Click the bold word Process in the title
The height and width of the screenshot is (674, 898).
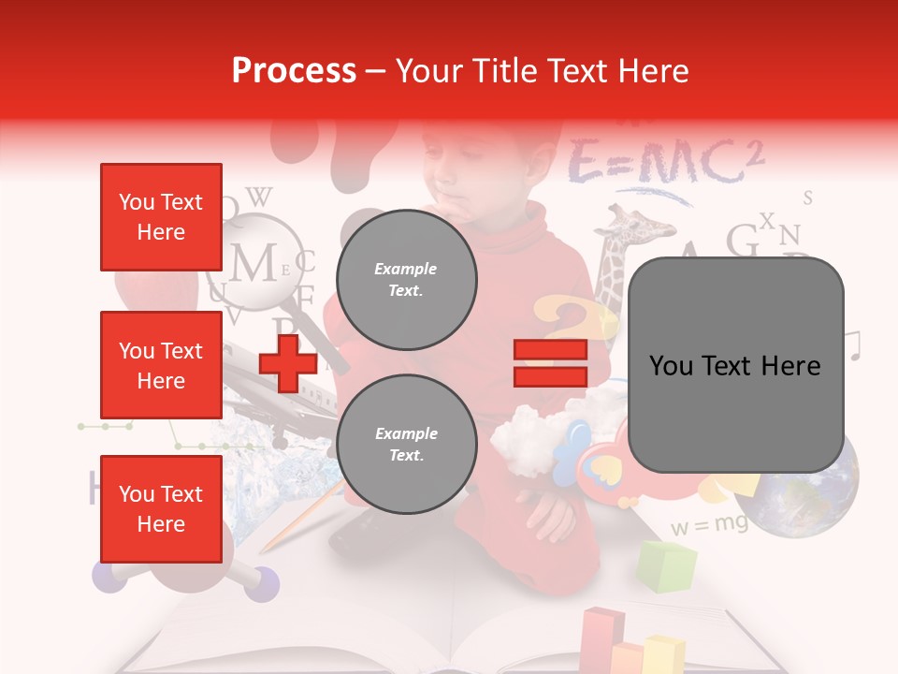coord(294,71)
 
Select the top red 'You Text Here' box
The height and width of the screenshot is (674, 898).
coord(161,217)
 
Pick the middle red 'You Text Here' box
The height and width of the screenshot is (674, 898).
coord(161,365)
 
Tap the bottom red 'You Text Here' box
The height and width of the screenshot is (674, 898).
coord(161,508)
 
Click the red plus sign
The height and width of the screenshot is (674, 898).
coord(287,361)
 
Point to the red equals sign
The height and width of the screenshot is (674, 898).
coord(550,363)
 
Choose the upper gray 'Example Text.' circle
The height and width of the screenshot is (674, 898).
coord(406,279)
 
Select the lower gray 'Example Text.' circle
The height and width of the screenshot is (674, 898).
coord(406,444)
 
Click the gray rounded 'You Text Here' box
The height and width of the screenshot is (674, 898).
coord(735,365)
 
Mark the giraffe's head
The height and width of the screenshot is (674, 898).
coord(636,227)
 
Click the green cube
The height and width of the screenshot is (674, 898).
coord(667,565)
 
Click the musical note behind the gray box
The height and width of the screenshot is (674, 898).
coord(852,344)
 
